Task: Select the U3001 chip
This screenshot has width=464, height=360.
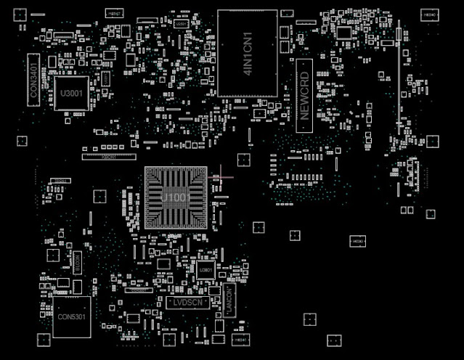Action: [x=71, y=94]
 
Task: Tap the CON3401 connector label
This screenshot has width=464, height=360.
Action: [x=33, y=79]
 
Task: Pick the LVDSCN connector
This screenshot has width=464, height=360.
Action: [x=187, y=301]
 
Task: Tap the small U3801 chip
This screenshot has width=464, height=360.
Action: [x=205, y=270]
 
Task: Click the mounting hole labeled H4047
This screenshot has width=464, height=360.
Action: [x=113, y=13]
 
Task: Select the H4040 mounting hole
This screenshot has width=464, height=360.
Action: [x=429, y=15]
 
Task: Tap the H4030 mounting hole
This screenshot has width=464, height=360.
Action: [x=357, y=241]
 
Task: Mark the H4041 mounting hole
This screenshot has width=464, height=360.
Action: [x=239, y=339]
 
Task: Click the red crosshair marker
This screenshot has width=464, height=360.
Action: [x=218, y=176]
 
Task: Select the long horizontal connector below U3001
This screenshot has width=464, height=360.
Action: [x=108, y=156]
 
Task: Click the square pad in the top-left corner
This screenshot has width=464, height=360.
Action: [x=20, y=14]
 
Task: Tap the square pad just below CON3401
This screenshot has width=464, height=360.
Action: [x=22, y=141]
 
